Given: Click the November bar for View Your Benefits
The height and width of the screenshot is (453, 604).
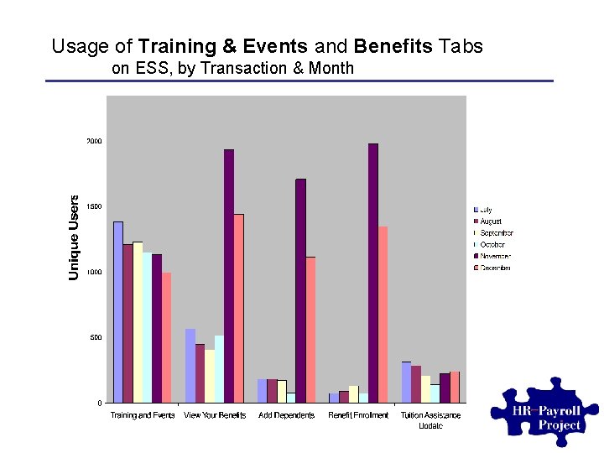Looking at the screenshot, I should coord(229,276).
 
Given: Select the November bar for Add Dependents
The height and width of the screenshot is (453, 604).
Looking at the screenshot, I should coord(300,290).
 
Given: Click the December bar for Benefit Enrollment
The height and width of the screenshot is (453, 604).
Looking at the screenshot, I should coord(383,315).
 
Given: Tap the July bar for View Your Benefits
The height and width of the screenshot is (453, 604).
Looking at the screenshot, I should coord(190,366).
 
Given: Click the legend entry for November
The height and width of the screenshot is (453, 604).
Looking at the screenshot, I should coord(494,256).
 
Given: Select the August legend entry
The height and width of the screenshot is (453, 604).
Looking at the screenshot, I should coord(491,221).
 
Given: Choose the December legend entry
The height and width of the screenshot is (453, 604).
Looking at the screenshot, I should coord(494,268).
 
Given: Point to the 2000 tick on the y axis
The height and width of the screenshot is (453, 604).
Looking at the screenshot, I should coord(93,141).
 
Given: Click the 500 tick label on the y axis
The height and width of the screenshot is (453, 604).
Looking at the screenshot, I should coord(96,337).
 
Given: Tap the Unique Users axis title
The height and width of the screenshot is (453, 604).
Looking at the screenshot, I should coord(74,237).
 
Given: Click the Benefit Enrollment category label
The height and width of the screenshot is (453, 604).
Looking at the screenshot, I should coord(358,415).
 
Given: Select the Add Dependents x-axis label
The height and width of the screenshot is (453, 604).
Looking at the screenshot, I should coord(287,415).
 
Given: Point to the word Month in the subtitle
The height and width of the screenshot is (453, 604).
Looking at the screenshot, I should coord(330,68).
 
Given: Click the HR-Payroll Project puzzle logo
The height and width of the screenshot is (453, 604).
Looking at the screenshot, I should coord(549,414).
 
